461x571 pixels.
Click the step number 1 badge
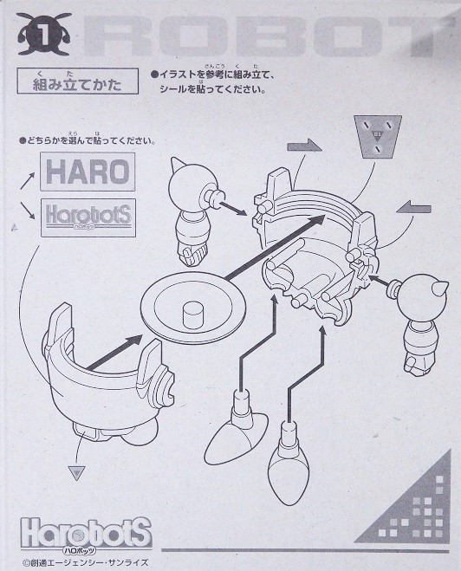click(43, 36)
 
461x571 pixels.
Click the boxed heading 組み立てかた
click(78, 81)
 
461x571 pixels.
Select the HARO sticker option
click(88, 172)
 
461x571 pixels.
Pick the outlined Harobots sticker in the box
click(88, 217)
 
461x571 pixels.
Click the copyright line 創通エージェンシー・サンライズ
click(86, 562)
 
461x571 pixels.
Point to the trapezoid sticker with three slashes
click(378, 136)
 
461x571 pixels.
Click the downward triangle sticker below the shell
click(77, 473)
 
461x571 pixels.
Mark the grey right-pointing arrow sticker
click(304, 146)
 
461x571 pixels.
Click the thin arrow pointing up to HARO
click(28, 180)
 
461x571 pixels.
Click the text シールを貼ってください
click(212, 89)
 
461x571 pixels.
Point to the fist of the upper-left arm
click(192, 253)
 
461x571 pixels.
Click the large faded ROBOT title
click(269, 36)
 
